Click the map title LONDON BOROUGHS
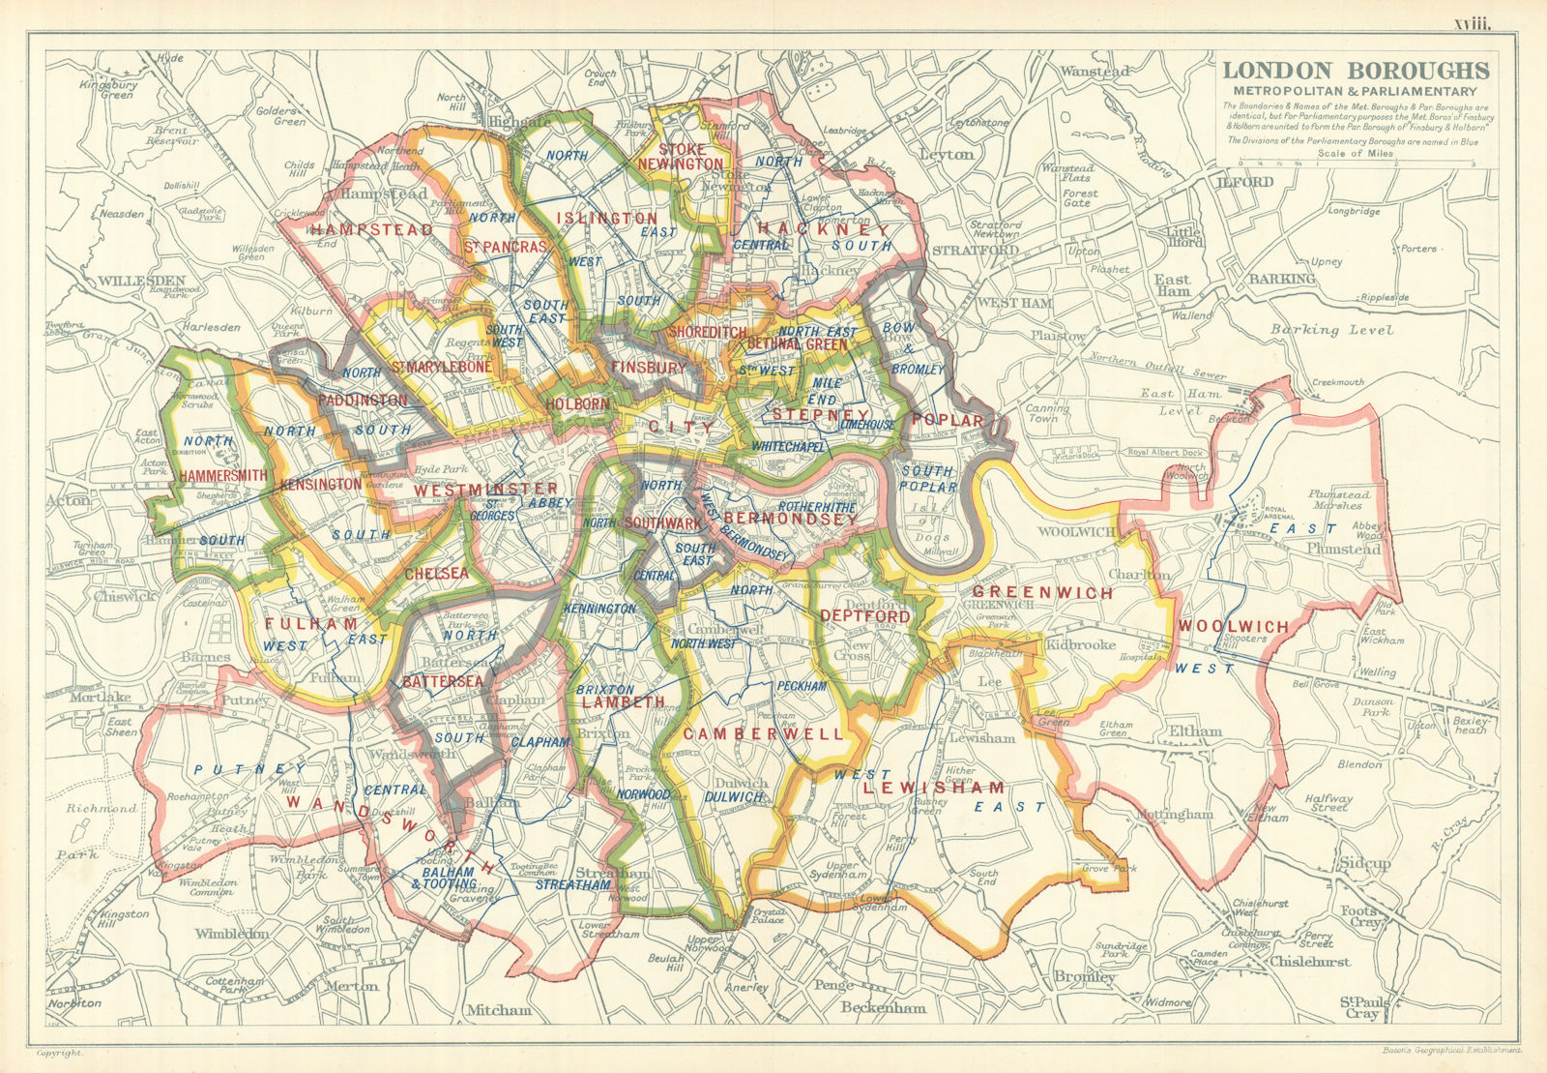pos(1356,71)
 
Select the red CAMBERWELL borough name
pos(763,734)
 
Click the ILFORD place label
pos(1245,182)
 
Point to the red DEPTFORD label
pos(864,616)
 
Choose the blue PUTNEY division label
pos(249,769)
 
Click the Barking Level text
pos(1331,330)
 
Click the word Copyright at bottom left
pos(60,1051)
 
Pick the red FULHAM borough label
pos(298,625)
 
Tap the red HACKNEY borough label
pos(823,229)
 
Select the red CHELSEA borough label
pos(436,574)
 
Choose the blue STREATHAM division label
pos(572,883)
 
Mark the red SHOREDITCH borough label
pos(708,332)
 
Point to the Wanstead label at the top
pos(1095,72)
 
